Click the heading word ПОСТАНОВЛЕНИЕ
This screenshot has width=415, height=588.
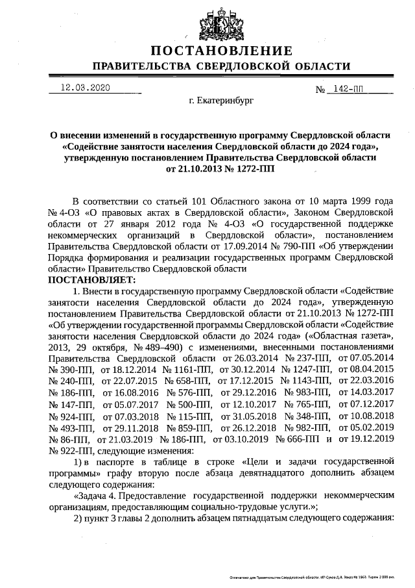(x=220, y=51)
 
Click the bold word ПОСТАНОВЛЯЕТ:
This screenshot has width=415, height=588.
(x=90, y=280)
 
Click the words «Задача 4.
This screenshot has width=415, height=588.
(x=95, y=495)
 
